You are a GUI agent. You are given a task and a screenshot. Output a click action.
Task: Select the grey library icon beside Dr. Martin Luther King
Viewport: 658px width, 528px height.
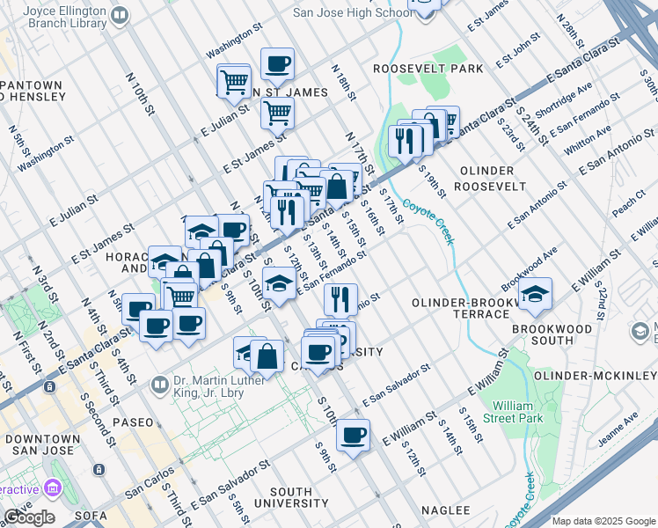[160, 384]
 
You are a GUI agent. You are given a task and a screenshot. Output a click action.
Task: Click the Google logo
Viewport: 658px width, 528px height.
[29, 518]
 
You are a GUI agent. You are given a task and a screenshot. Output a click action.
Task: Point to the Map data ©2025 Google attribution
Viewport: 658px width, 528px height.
[603, 521]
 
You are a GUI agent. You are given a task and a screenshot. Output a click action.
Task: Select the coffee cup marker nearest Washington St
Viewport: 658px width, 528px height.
[277, 63]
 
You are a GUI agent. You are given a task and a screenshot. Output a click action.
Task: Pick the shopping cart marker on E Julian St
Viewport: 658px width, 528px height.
[277, 112]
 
